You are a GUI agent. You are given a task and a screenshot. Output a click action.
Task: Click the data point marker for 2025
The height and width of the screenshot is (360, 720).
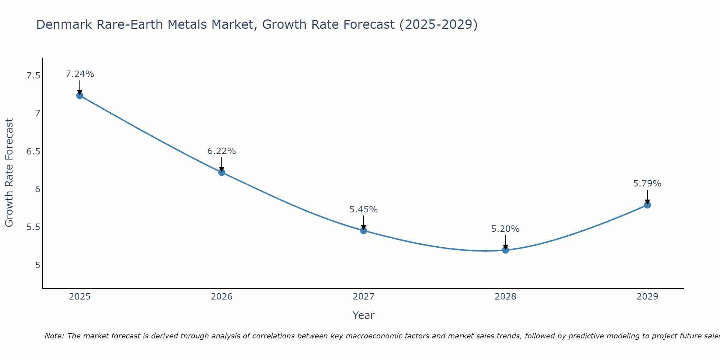[80, 95]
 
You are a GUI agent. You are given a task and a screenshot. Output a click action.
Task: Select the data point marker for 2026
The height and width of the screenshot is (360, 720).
[222, 172]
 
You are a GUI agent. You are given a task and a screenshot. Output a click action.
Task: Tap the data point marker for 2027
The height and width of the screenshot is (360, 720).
[364, 231]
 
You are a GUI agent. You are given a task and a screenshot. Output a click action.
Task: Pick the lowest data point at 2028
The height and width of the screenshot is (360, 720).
[505, 250]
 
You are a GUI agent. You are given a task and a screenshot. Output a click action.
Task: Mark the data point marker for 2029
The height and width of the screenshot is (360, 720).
[647, 205]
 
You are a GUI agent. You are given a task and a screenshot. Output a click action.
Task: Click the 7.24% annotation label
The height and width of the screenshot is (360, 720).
[80, 74]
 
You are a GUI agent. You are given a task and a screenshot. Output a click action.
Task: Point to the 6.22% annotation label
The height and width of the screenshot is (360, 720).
[222, 151]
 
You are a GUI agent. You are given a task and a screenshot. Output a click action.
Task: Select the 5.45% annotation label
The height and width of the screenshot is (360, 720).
[364, 210]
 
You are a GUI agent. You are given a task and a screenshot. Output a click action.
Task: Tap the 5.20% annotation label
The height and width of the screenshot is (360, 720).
[505, 229]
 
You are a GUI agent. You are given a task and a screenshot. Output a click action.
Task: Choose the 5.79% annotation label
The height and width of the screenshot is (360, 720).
[647, 184]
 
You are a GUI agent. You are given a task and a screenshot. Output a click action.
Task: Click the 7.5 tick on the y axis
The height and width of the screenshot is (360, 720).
[33, 76]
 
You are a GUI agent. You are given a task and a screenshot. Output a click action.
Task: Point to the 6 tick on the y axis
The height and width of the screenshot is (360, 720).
[37, 189]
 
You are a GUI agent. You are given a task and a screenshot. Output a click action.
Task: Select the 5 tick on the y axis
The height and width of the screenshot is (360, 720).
[37, 265]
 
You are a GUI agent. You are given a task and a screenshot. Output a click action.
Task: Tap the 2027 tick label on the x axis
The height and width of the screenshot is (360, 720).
[364, 297]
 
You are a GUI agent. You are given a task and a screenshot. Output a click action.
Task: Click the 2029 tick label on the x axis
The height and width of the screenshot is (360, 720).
[647, 297]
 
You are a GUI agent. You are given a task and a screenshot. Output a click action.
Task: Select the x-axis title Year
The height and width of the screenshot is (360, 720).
[364, 315]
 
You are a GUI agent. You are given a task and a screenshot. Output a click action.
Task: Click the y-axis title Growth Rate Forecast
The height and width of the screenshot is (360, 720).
[9, 173]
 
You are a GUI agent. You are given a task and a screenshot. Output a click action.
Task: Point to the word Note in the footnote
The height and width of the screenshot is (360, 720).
[54, 336]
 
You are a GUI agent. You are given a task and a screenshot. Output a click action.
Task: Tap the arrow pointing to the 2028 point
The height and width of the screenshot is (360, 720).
[505, 242]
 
